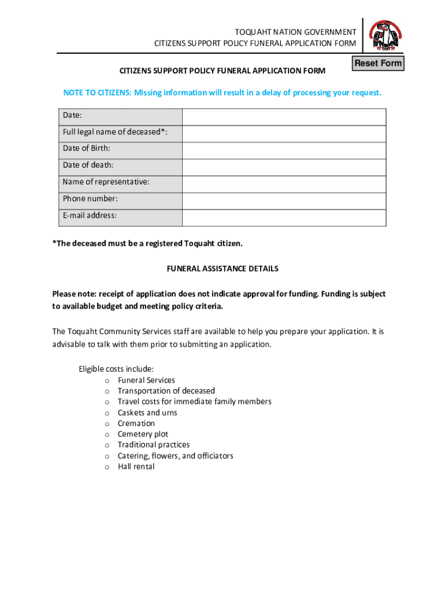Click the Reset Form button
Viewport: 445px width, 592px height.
point(378,63)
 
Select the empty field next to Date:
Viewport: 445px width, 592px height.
point(284,117)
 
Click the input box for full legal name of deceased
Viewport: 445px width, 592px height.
point(284,134)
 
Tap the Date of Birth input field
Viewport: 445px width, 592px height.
point(284,150)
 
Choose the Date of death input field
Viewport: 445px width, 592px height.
point(284,167)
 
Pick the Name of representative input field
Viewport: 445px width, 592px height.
point(284,184)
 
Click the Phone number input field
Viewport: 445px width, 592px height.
point(284,201)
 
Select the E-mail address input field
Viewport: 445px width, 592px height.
point(284,217)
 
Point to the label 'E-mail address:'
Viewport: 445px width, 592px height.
point(90,216)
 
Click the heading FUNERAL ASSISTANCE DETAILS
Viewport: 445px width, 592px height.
point(222,269)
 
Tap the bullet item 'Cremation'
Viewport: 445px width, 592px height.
point(136,424)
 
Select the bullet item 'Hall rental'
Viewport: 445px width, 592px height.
point(136,467)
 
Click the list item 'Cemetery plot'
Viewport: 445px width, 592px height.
point(143,434)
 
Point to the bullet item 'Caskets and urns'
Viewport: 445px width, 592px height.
point(147,413)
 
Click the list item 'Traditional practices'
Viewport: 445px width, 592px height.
point(154,445)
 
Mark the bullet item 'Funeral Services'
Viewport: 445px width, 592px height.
point(146,380)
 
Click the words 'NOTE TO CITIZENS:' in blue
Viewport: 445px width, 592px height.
point(97,93)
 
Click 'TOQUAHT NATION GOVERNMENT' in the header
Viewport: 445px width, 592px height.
point(295,32)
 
